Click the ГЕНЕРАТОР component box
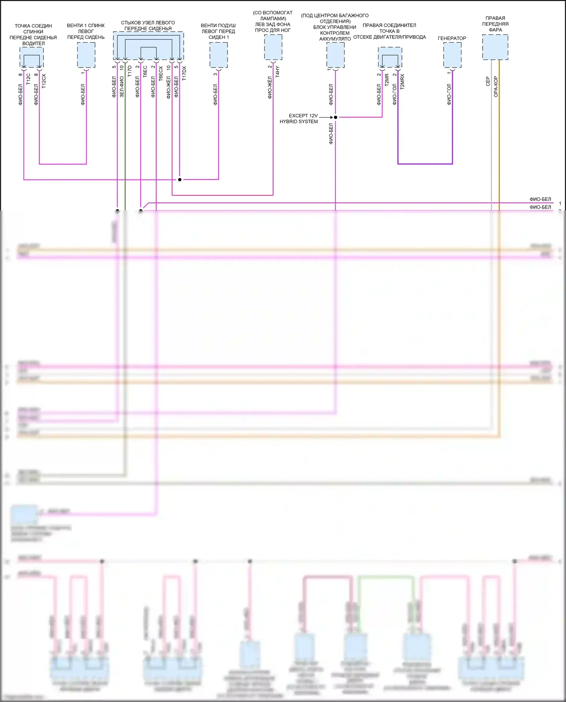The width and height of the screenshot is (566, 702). [x=452, y=55]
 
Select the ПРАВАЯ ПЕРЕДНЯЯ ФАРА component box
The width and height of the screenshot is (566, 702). [x=495, y=47]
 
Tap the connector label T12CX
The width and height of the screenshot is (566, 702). [x=44, y=81]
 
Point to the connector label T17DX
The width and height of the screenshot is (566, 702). [x=184, y=73]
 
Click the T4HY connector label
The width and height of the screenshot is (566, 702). [x=278, y=72]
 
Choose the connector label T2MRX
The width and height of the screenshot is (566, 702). [x=402, y=81]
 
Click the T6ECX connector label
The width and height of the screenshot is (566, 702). [x=161, y=74]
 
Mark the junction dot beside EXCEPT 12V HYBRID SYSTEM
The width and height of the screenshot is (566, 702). [x=335, y=117]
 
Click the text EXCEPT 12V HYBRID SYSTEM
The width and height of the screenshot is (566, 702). [x=299, y=118]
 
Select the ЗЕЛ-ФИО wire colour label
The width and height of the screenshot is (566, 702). [x=122, y=87]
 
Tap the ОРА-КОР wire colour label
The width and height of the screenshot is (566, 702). [x=496, y=87]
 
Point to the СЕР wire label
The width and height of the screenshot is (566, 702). [x=488, y=81]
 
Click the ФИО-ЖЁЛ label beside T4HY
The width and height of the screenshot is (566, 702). [x=270, y=88]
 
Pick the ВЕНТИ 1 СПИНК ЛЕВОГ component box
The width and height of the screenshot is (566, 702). [x=86, y=55]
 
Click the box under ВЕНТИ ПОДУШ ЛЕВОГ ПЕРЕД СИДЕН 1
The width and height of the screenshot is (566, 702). [x=218, y=55]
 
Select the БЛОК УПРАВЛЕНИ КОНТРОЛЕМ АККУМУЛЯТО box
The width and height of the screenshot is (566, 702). [x=335, y=55]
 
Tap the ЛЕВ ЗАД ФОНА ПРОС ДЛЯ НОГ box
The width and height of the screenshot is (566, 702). [x=273, y=47]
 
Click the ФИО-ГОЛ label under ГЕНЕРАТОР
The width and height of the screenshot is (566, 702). [x=449, y=94]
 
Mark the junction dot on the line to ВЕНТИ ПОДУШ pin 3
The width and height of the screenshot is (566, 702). [x=180, y=180]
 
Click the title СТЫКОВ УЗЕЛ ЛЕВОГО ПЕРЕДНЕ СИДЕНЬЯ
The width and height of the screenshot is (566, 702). [x=148, y=26]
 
